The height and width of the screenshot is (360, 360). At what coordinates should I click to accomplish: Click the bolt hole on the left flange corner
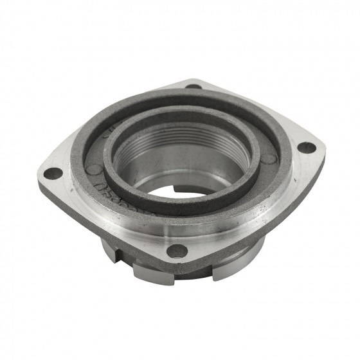click(x=55, y=173)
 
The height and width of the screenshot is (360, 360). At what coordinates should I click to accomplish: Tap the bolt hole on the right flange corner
click(x=307, y=147)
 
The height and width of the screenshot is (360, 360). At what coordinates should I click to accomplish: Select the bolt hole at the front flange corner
click(x=177, y=251)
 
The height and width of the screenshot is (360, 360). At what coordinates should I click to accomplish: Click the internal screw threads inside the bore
click(x=186, y=138)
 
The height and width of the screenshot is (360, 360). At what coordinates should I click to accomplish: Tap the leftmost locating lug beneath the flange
click(x=109, y=248)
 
